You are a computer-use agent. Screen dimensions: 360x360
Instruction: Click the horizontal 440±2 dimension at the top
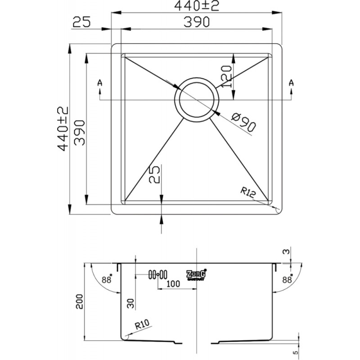197,6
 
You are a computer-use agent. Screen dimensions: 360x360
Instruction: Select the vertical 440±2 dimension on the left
63,129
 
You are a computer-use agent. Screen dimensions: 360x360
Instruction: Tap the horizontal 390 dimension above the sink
197,22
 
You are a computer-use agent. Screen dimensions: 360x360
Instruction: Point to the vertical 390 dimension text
80,133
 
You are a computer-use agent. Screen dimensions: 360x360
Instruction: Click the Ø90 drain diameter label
243,123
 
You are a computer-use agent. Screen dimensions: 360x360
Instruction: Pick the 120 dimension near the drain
226,76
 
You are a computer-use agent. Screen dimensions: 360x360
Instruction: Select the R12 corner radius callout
248,193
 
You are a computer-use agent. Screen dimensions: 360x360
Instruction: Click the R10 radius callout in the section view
142,324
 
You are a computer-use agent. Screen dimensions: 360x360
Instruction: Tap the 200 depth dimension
80,301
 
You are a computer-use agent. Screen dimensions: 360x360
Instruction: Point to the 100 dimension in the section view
173,284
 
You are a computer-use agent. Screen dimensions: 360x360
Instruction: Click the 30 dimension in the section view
130,303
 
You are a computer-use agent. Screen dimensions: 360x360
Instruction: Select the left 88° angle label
107,279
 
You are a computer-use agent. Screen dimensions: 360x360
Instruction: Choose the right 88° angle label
287,279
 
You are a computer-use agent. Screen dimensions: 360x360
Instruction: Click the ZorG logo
196,274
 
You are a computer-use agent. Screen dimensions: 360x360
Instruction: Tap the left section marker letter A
99,83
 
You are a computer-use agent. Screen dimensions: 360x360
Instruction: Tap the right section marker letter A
291,82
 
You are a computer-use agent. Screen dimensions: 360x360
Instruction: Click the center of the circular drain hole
197,100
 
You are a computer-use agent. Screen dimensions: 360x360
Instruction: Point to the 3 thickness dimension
286,252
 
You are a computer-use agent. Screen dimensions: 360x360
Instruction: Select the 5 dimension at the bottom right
296,352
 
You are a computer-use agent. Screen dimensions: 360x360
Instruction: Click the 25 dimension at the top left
82,22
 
